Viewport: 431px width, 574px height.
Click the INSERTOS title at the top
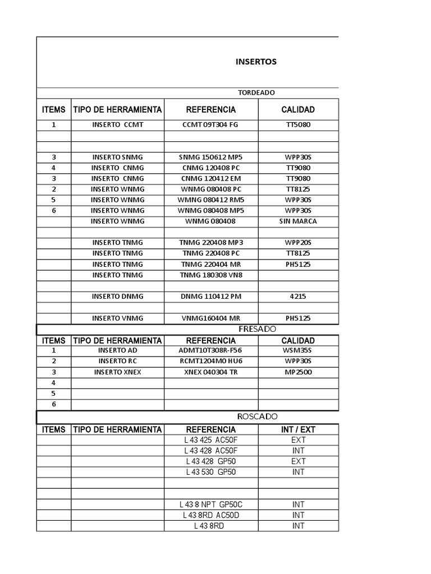pos(256,62)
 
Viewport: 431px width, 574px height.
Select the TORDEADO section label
pos(256,92)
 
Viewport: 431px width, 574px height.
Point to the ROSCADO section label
pos(257,416)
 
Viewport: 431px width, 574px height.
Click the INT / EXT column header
pos(298,429)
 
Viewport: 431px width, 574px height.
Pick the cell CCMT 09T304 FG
pos(210,124)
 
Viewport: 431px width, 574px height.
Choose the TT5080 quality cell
pos(298,124)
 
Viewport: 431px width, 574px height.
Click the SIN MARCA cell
pos(298,221)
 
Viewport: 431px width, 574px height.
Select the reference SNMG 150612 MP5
pos(210,157)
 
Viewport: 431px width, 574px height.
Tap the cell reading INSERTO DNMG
pos(117,296)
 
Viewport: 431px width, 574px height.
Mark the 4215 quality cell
pos(298,296)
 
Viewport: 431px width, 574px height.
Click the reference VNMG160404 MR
pos(210,318)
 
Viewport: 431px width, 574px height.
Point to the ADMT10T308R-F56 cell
pos(210,350)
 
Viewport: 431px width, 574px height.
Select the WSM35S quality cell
pos(298,350)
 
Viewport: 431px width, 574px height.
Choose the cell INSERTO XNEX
pos(117,372)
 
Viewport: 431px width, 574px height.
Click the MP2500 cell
pos(298,372)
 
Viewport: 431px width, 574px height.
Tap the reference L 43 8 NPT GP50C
pos(210,504)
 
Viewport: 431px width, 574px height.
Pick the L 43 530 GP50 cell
pos(210,472)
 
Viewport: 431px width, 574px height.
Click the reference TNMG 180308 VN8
pos(210,275)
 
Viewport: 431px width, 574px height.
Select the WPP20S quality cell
pos(298,242)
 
